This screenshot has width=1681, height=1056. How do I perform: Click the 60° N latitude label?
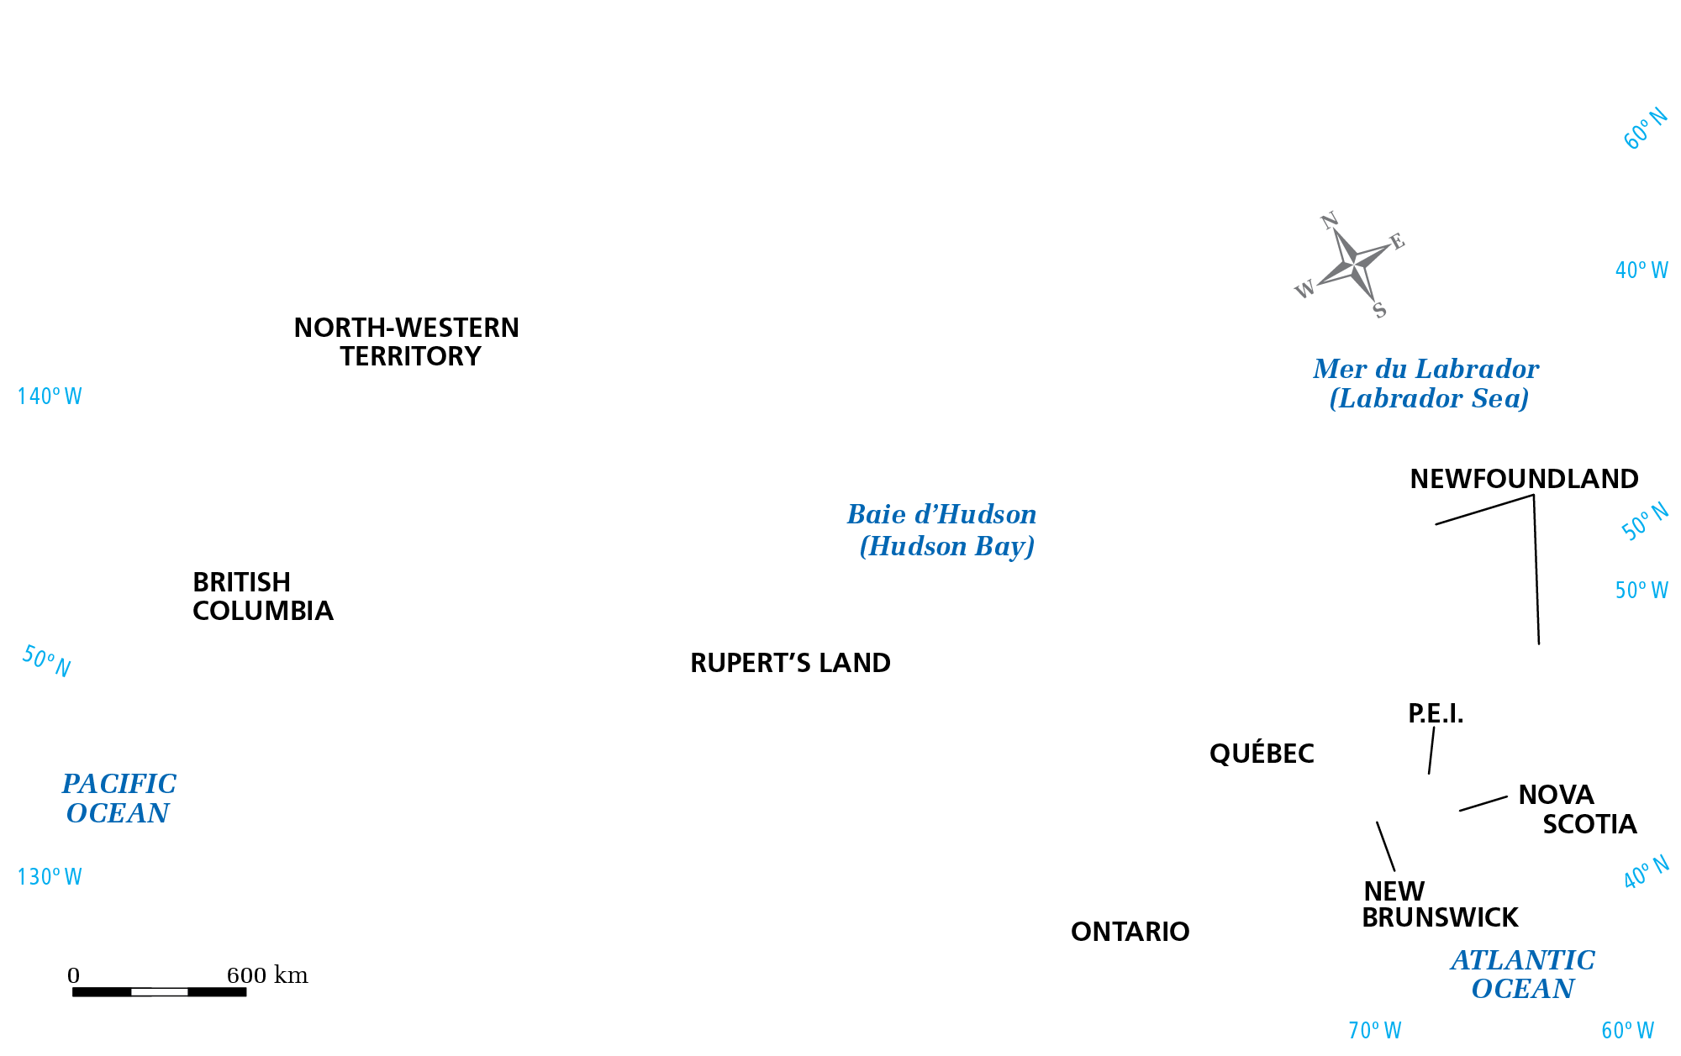(x=1645, y=129)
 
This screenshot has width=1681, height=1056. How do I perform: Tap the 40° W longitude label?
(x=1641, y=271)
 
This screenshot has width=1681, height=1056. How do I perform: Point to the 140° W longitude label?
(x=50, y=397)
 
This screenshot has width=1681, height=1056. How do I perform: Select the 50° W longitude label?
(x=1641, y=591)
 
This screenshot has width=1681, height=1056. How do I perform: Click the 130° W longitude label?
(x=50, y=877)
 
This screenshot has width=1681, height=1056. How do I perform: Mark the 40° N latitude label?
(x=1646, y=873)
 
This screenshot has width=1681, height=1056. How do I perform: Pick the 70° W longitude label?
(x=1374, y=1031)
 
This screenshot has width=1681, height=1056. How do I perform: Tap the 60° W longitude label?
(x=1627, y=1031)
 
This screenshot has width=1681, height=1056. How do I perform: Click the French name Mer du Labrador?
(x=1425, y=369)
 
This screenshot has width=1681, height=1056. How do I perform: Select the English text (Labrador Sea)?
(x=1429, y=398)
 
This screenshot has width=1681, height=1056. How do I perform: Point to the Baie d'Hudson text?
(x=941, y=514)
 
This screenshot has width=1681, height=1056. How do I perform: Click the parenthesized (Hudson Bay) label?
(x=946, y=547)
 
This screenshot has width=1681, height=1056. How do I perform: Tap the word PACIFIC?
(x=119, y=784)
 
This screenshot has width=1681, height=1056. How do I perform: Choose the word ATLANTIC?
(x=1522, y=960)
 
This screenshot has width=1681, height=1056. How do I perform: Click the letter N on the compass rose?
(x=1329, y=221)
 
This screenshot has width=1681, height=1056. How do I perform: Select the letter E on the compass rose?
(x=1396, y=242)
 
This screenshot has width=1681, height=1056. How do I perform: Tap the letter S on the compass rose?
(x=1379, y=311)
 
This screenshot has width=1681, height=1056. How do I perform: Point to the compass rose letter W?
(x=1304, y=290)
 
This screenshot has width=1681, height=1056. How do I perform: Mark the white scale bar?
(x=160, y=992)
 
